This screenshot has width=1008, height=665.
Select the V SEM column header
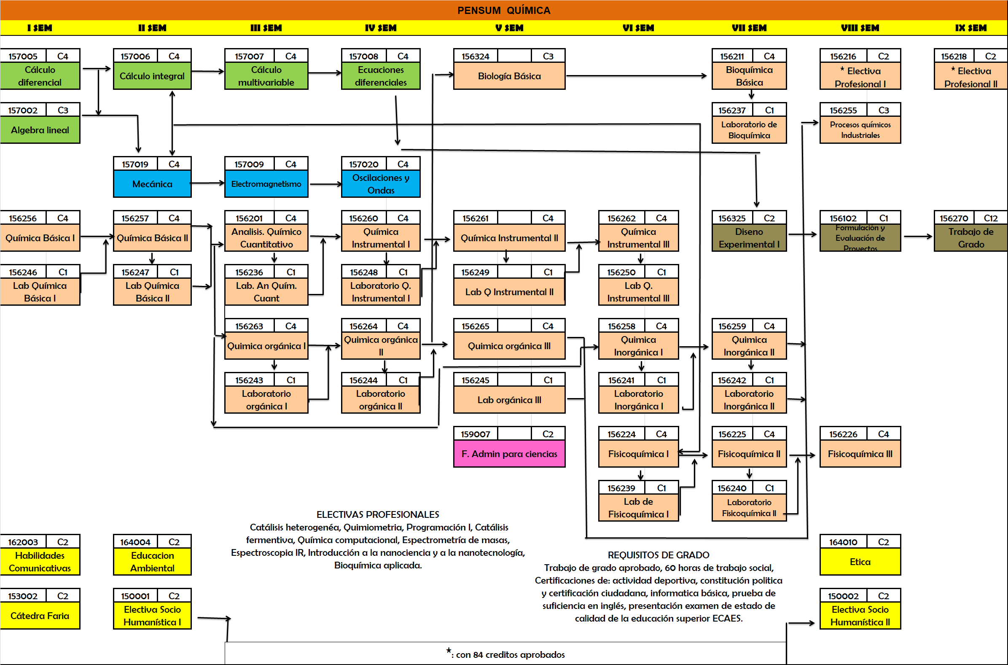(x=509, y=28)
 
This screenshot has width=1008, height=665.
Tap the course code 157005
(x=23, y=57)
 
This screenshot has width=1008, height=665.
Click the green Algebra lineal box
(x=40, y=130)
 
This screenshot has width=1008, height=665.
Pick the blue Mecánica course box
(x=152, y=184)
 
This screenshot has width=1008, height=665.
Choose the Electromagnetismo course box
(x=266, y=184)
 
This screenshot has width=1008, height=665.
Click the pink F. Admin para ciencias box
(x=509, y=454)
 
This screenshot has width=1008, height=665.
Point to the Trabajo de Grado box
(x=971, y=238)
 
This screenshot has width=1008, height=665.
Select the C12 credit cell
(x=990, y=218)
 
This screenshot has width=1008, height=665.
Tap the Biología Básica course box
(x=509, y=76)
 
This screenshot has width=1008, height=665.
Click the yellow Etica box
(x=860, y=562)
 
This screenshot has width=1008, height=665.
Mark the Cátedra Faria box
(x=40, y=616)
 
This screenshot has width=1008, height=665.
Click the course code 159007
(x=475, y=434)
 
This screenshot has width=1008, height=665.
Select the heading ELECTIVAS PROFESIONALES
(x=378, y=514)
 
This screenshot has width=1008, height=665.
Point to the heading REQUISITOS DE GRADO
(x=658, y=555)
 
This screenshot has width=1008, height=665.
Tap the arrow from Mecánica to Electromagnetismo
(x=208, y=183)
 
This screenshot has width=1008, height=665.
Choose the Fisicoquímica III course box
(x=860, y=454)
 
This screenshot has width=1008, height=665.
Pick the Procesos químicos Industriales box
(x=860, y=130)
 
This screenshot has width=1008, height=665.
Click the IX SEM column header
(x=970, y=28)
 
